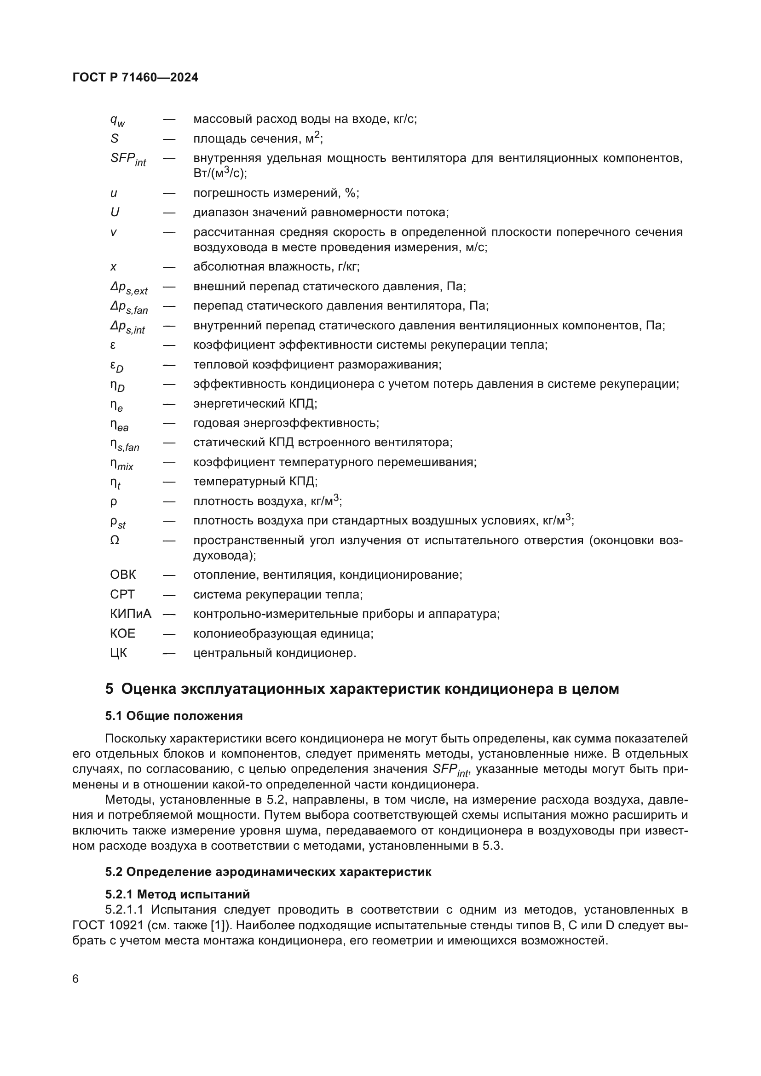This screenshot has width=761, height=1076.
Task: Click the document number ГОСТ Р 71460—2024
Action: pyautogui.click(x=135, y=77)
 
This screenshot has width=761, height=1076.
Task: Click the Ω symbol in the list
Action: pyautogui.click(x=115, y=541)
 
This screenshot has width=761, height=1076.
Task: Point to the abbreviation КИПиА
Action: pyautogui.click(x=131, y=614)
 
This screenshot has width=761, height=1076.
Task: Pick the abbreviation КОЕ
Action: pyautogui.click(x=123, y=633)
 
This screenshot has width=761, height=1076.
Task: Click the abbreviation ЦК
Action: pyautogui.click(x=119, y=653)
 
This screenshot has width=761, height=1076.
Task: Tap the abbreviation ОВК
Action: pyautogui.click(x=123, y=575)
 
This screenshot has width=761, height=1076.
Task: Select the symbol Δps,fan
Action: pyautogui.click(x=129, y=307)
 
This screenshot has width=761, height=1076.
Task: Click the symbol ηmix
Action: pyautogui.click(x=122, y=464)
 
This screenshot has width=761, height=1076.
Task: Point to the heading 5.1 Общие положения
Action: pyautogui.click(x=174, y=716)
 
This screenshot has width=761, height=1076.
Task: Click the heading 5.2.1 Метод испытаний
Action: pyautogui.click(x=177, y=894)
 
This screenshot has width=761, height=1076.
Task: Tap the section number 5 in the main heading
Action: pyautogui.click(x=109, y=689)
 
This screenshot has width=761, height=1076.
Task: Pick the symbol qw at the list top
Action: pyautogui.click(x=117, y=120)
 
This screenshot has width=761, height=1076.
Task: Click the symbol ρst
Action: pyautogui.click(x=118, y=522)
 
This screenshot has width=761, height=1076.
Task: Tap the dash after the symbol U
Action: pyautogui.click(x=169, y=212)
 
